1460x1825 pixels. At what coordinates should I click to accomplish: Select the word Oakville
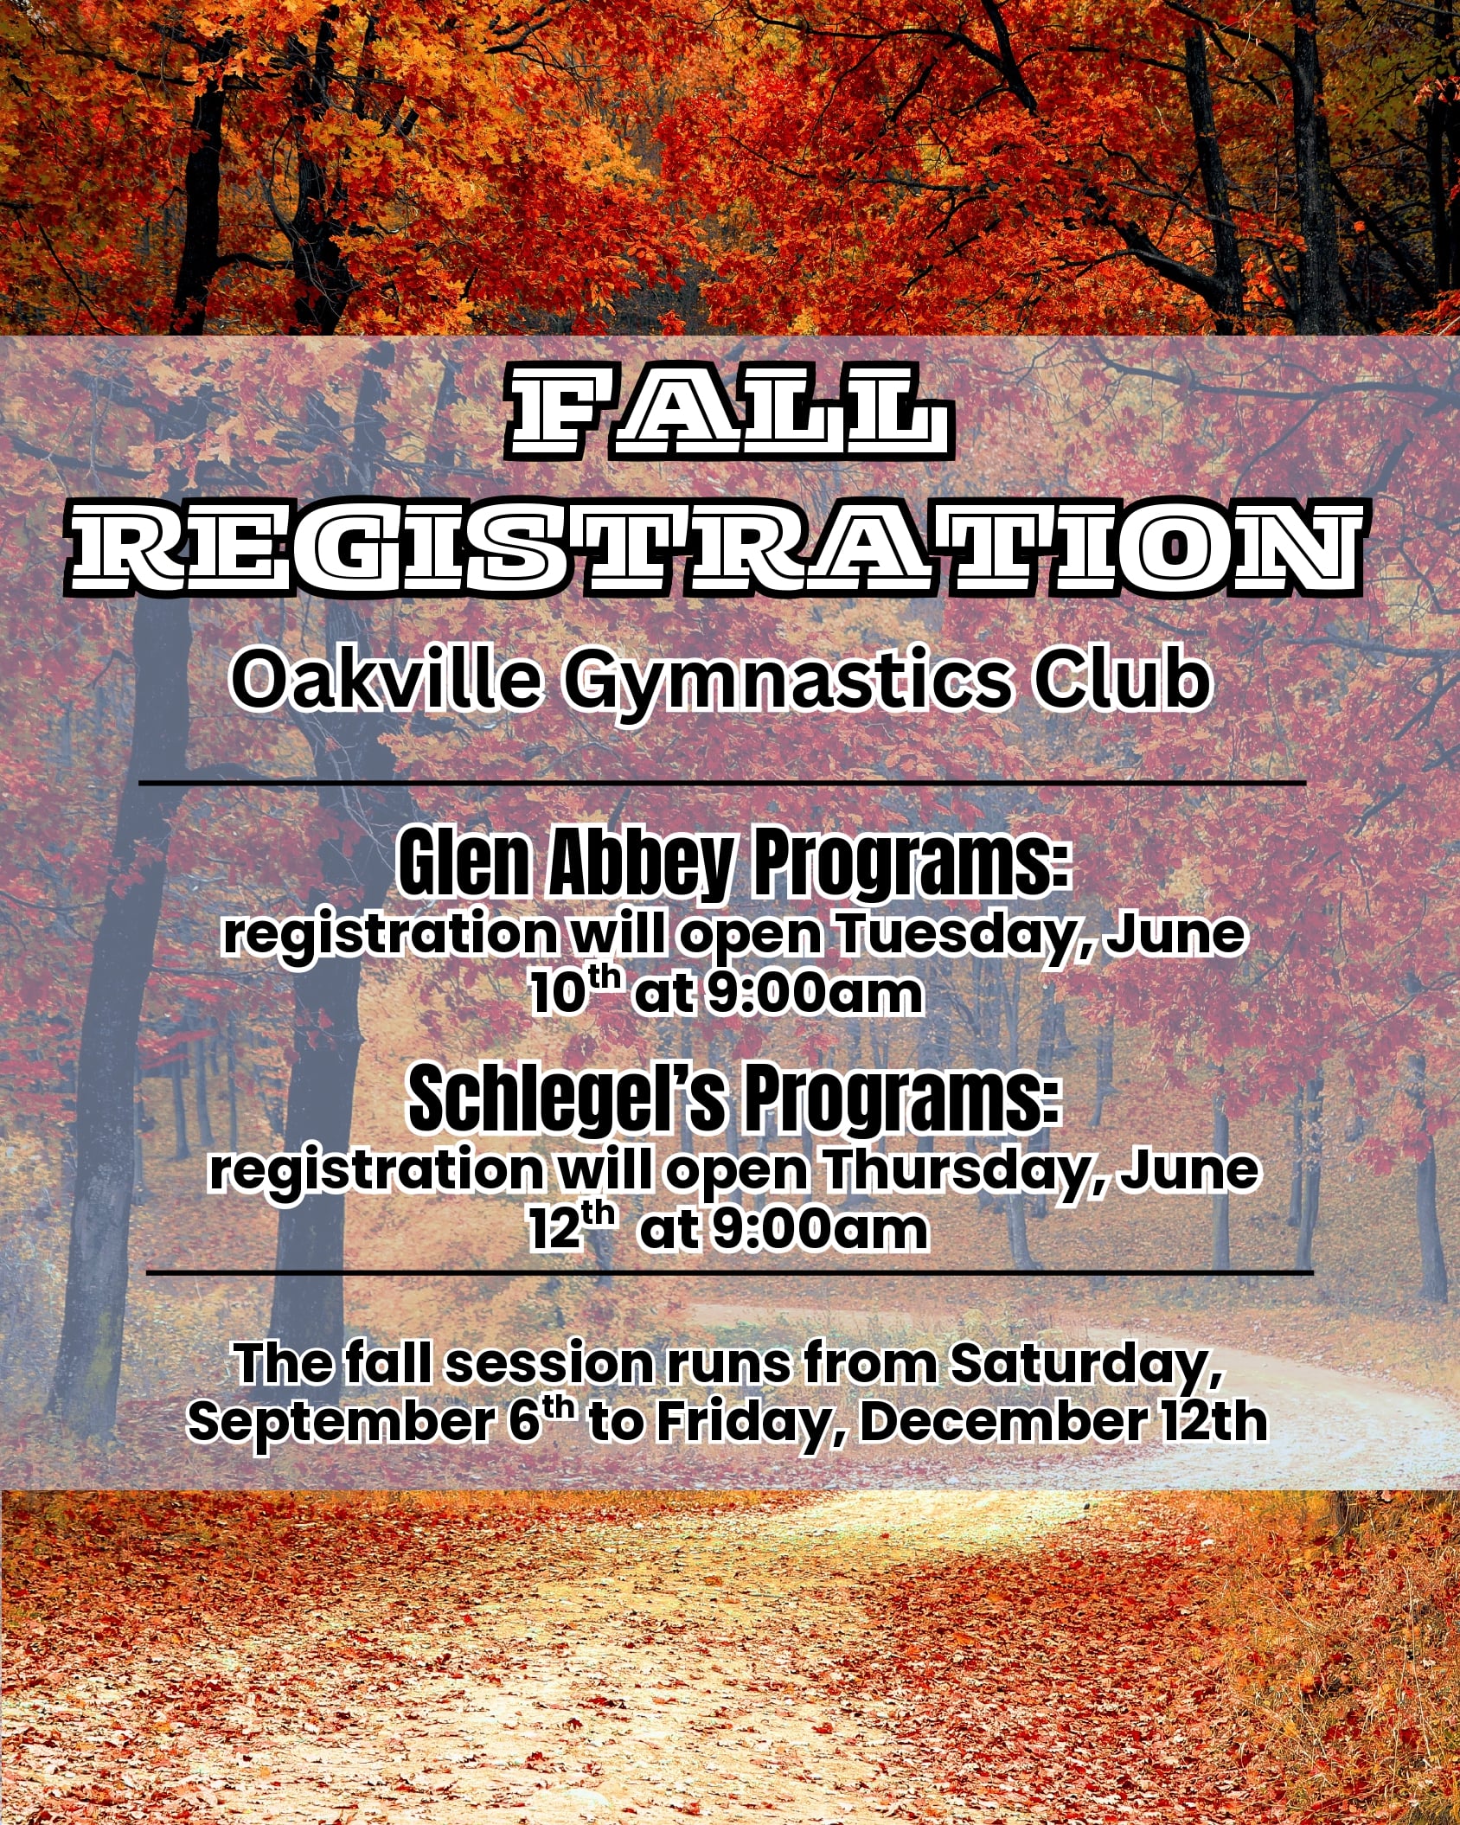(x=387, y=680)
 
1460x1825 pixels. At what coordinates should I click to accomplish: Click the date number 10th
(x=574, y=993)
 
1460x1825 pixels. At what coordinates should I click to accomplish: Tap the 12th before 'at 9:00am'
(x=572, y=1227)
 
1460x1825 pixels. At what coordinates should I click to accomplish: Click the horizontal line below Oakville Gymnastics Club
(x=722, y=783)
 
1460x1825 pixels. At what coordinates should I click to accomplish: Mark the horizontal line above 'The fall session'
(x=729, y=1273)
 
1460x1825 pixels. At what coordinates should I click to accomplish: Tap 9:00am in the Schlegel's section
(x=818, y=1229)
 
